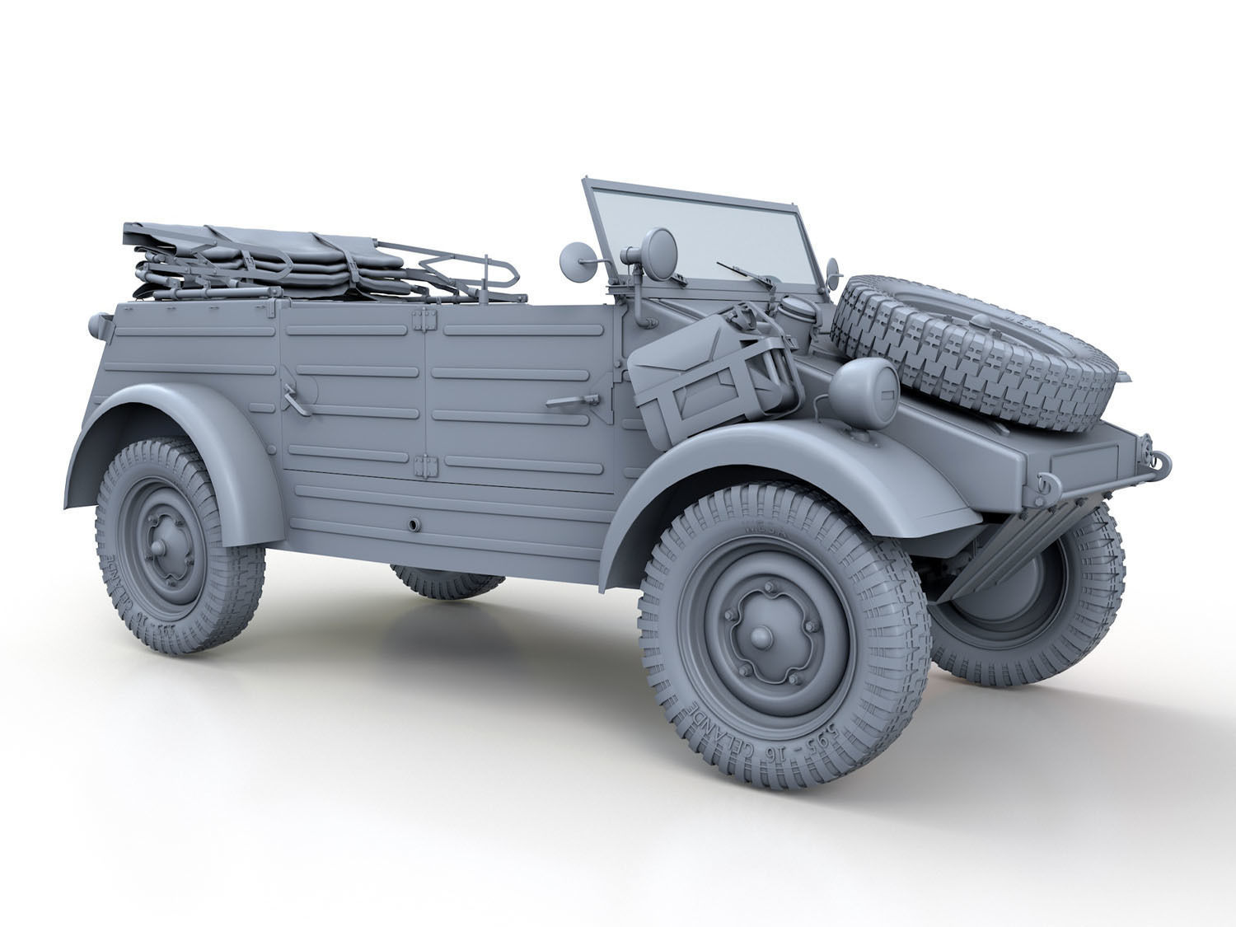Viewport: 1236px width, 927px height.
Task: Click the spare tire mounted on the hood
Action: [976, 350]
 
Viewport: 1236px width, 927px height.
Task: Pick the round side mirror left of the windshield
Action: [574, 262]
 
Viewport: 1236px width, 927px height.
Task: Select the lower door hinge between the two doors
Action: [426, 466]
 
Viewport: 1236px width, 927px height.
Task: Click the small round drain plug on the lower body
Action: [414, 523]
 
